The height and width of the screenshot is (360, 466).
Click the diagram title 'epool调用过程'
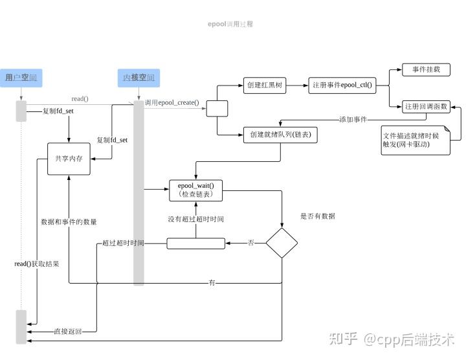click(x=230, y=24)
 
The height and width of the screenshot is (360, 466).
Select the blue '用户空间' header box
click(x=21, y=78)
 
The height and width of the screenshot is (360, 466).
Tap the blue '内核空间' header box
click(x=139, y=78)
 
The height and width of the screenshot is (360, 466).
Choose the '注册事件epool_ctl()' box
click(x=342, y=85)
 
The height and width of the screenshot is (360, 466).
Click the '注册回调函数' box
click(x=425, y=106)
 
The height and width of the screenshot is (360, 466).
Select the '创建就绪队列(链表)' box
click(x=280, y=135)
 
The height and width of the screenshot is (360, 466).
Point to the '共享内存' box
click(x=69, y=159)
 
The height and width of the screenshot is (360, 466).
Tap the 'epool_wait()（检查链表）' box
click(x=195, y=190)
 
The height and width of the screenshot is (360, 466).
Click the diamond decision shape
click(x=282, y=243)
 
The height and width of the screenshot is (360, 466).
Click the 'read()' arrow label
click(x=80, y=98)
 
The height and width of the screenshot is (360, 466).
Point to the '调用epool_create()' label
click(x=172, y=103)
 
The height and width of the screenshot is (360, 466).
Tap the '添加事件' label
click(x=353, y=120)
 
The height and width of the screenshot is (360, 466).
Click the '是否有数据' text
click(x=318, y=216)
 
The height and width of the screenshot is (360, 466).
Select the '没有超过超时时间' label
click(x=195, y=219)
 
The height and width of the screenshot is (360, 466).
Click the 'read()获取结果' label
click(x=37, y=264)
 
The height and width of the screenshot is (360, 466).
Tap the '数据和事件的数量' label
click(x=69, y=222)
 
